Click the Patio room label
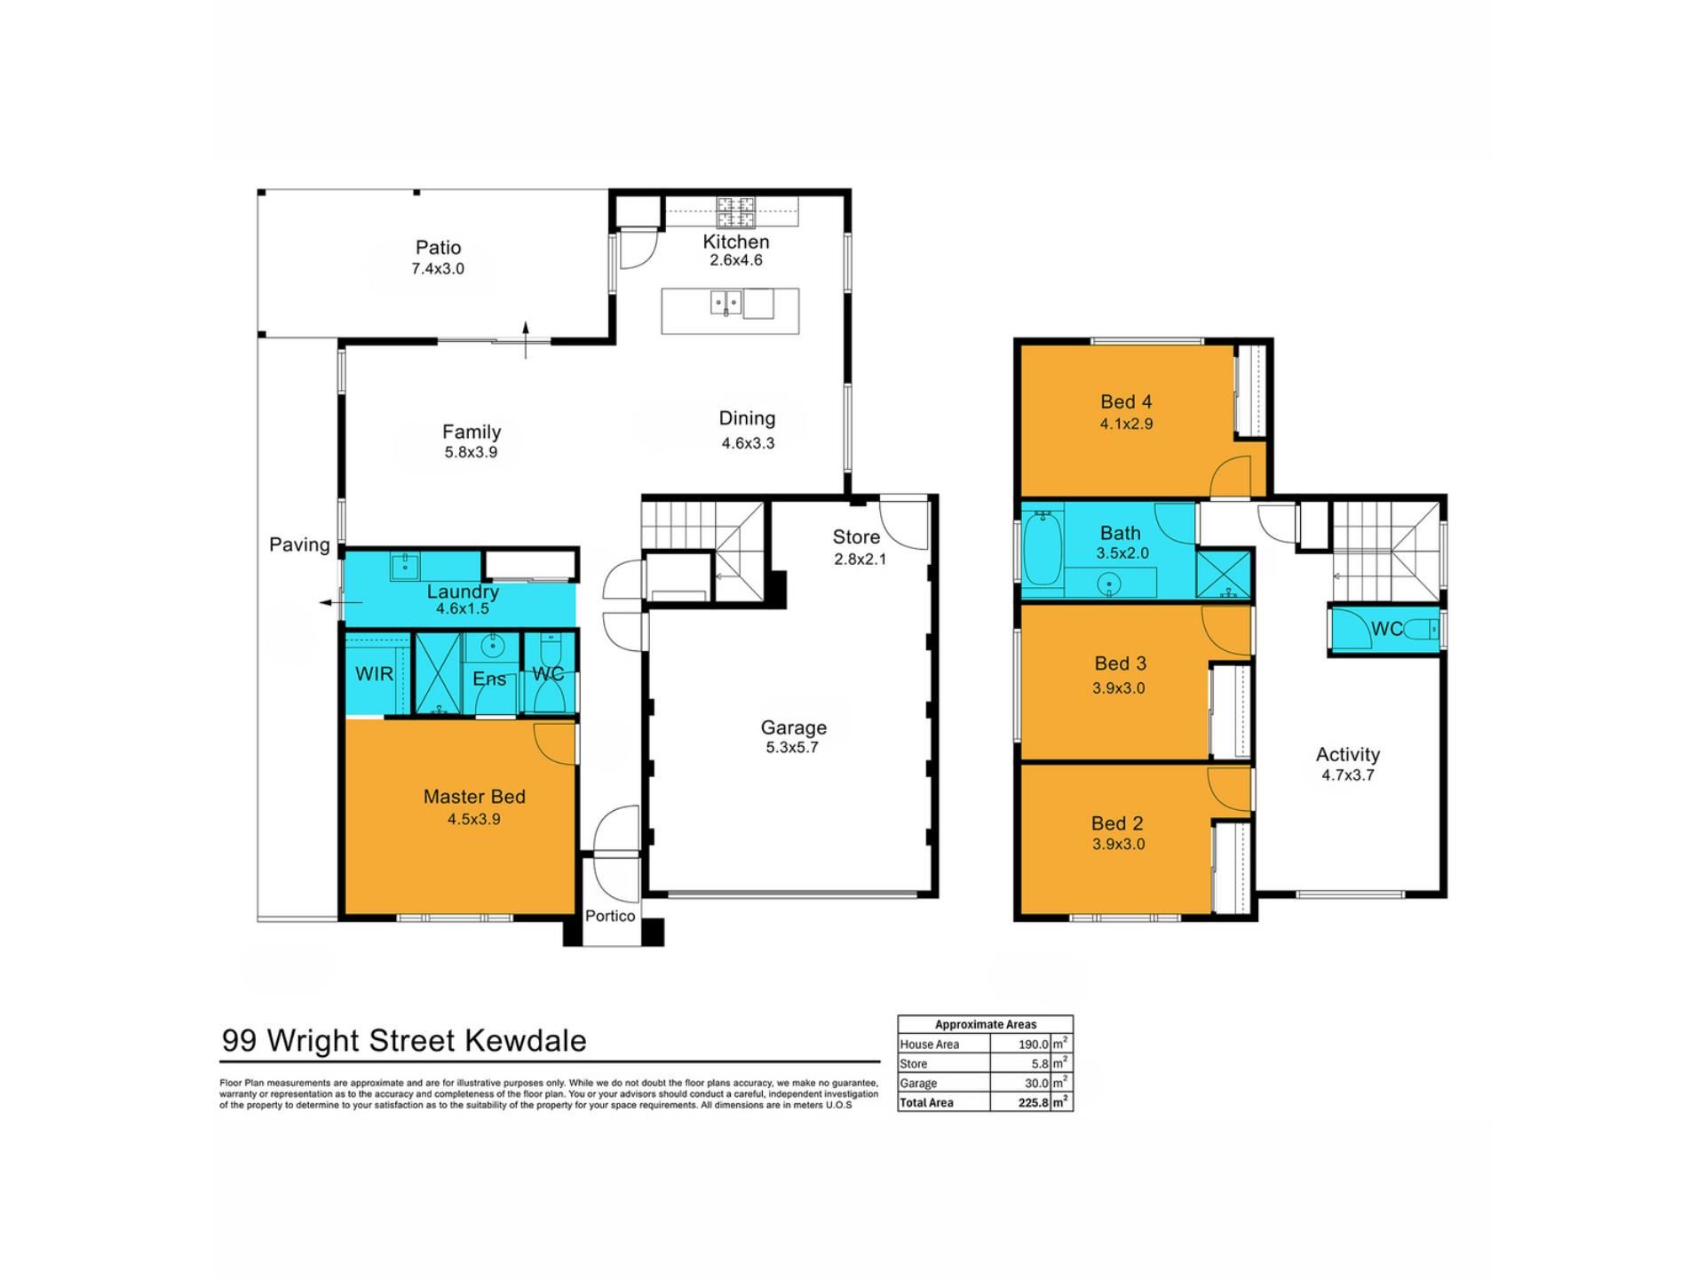click(x=438, y=248)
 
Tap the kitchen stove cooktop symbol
click(x=736, y=212)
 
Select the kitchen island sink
click(x=726, y=304)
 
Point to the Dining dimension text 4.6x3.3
click(x=748, y=443)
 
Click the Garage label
click(x=793, y=727)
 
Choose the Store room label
click(x=856, y=537)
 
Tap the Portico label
click(x=610, y=916)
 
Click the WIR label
click(x=374, y=674)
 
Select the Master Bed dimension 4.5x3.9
click(x=474, y=819)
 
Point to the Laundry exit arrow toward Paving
click(x=341, y=603)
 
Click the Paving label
click(x=299, y=544)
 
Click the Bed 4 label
click(x=1126, y=402)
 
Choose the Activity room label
click(x=1347, y=755)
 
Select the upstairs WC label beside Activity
click(x=1387, y=630)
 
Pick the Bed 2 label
click(x=1117, y=823)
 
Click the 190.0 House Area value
click(x=1034, y=1045)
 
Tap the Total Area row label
click(x=927, y=1103)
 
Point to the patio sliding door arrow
click(x=526, y=340)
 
